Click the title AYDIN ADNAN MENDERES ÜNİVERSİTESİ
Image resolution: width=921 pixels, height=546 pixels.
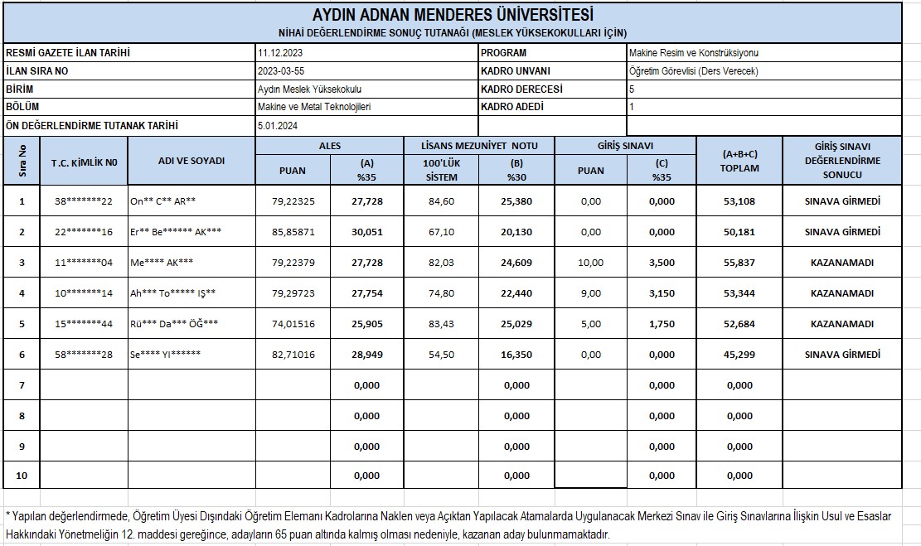click(453, 15)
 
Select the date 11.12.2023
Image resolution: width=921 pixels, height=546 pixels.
click(279, 53)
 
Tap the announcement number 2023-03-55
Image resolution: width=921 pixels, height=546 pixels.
click(280, 71)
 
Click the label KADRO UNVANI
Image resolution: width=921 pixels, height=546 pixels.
click(515, 71)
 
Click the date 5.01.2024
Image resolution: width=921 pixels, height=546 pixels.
click(278, 126)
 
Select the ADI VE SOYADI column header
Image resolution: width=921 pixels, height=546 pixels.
click(191, 161)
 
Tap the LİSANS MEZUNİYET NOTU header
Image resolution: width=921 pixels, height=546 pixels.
click(480, 146)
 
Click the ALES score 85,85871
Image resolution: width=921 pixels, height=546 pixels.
click(293, 232)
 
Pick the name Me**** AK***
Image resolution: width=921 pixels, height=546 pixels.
click(162, 263)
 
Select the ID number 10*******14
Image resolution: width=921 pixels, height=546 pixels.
click(84, 293)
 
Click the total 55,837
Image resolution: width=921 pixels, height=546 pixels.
click(739, 263)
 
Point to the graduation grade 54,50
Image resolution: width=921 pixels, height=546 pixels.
click(441, 355)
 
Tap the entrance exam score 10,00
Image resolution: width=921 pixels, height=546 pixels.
click(591, 263)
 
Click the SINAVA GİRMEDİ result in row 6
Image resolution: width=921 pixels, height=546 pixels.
click(841, 355)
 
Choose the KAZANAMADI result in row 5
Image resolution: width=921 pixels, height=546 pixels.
click(841, 324)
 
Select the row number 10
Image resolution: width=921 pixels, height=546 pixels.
click(22, 476)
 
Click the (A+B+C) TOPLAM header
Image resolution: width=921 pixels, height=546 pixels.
click(739, 161)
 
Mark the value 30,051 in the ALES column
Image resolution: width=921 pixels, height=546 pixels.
click(367, 232)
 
